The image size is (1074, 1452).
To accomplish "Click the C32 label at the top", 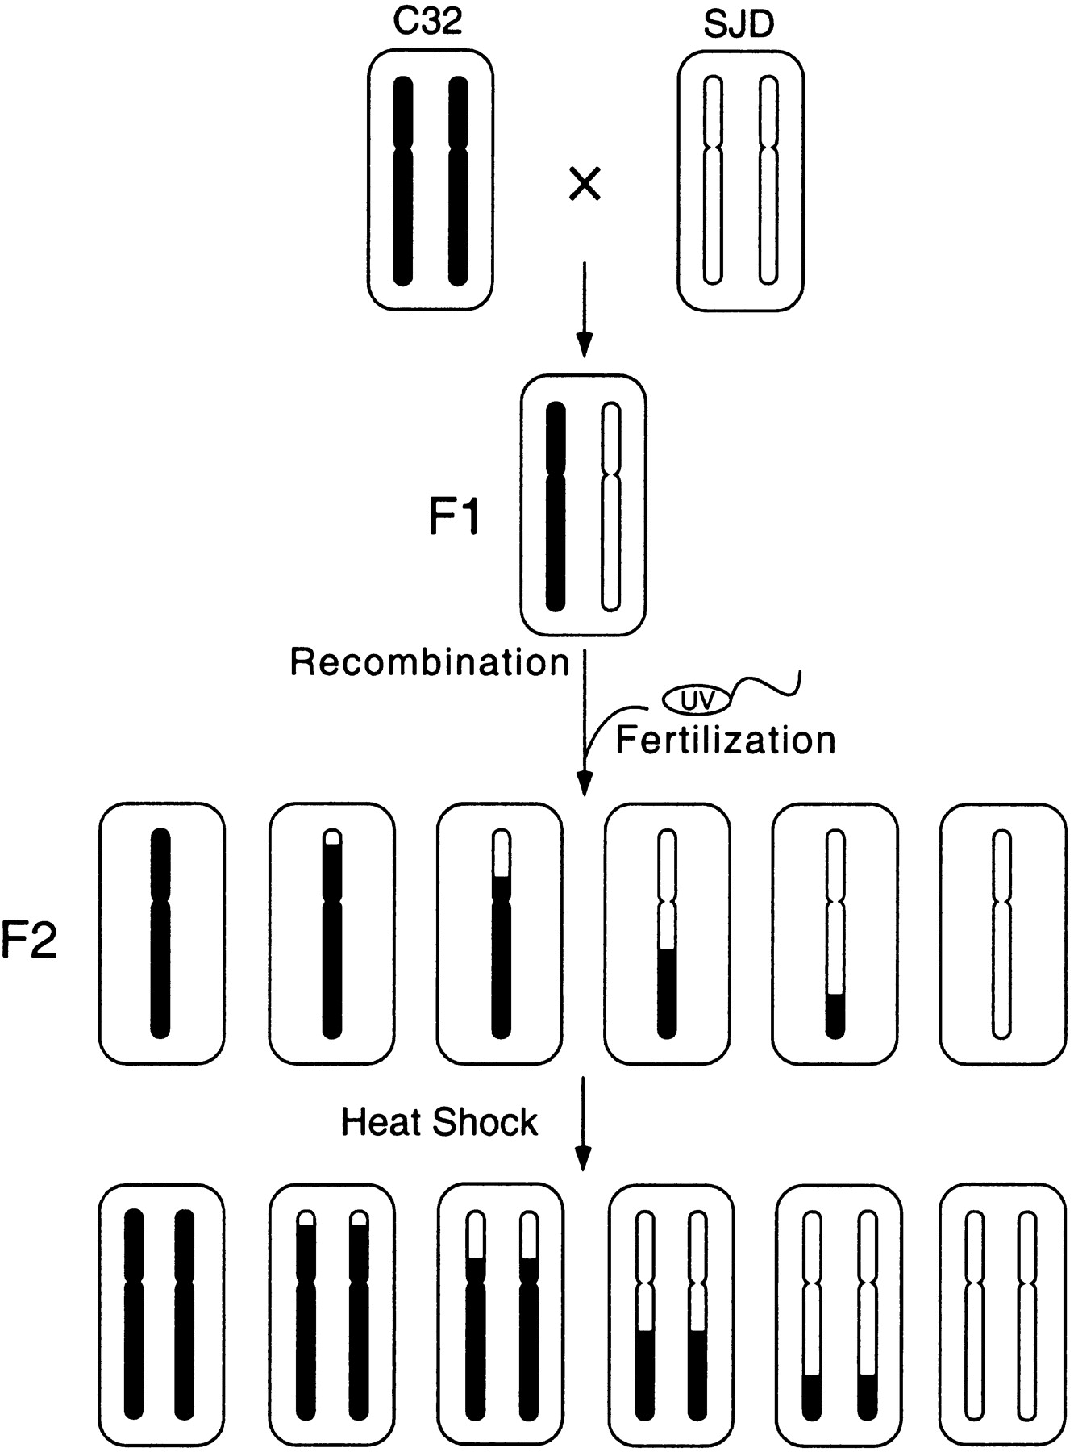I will [428, 22].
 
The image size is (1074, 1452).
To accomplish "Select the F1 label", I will [454, 516].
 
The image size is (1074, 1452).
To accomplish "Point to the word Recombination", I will [430, 662].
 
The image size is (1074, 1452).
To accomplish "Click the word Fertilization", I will [726, 740].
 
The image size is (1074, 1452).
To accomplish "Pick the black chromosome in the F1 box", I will [556, 505].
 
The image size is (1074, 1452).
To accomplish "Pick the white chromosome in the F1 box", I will [612, 505].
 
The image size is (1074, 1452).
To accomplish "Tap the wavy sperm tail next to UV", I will [766, 686].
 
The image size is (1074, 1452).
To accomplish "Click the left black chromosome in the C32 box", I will [403, 181].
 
